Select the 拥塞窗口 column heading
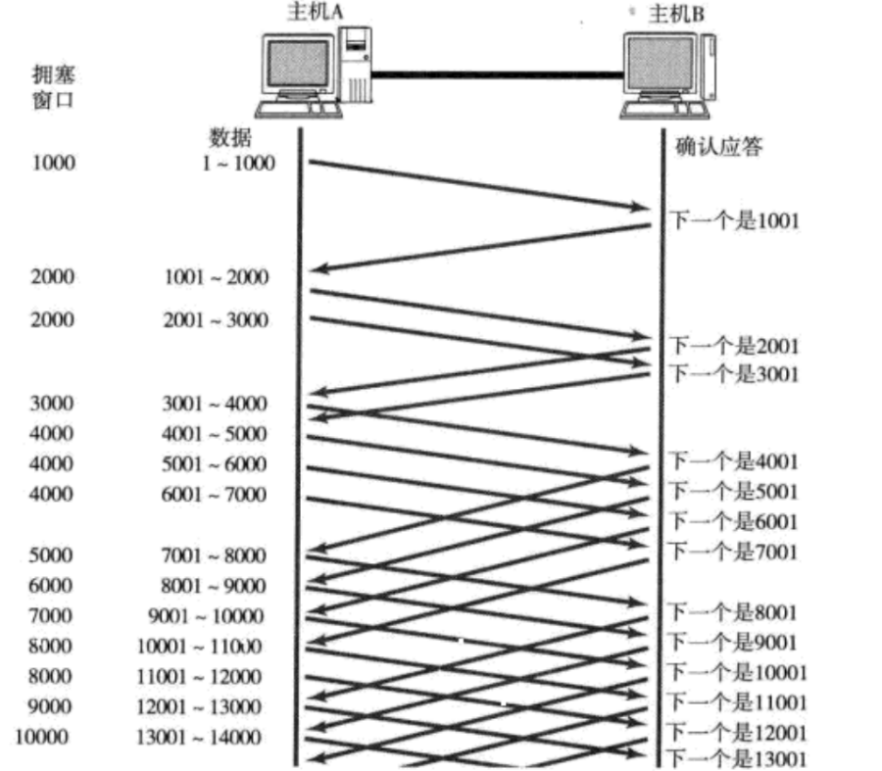pyautogui.click(x=53, y=87)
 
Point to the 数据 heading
pyautogui.click(x=229, y=140)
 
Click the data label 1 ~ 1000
pyautogui.click(x=234, y=164)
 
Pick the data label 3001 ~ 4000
pyautogui.click(x=215, y=404)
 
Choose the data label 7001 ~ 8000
pyautogui.click(x=215, y=555)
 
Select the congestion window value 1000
pyautogui.click(x=53, y=164)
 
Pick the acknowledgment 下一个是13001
pyautogui.click(x=737, y=757)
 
